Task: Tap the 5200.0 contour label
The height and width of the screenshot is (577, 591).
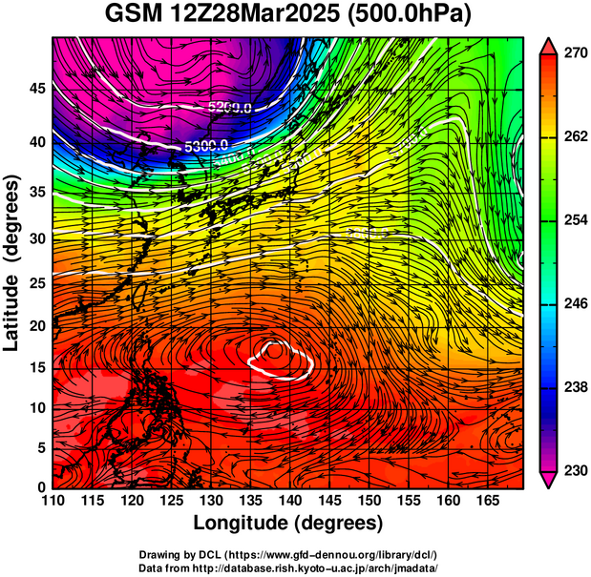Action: coord(230,108)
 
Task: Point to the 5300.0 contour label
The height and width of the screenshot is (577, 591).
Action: coord(205,145)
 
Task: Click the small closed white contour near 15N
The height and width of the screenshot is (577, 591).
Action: coord(281,357)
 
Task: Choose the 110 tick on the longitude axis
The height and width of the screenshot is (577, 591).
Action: coord(53,501)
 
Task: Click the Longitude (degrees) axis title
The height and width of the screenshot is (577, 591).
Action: coord(287,523)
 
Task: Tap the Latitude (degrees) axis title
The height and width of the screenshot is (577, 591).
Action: coord(12,262)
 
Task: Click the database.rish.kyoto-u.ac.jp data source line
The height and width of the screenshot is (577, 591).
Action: coord(287,567)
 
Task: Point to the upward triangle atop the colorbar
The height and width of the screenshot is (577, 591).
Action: coord(549,44)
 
